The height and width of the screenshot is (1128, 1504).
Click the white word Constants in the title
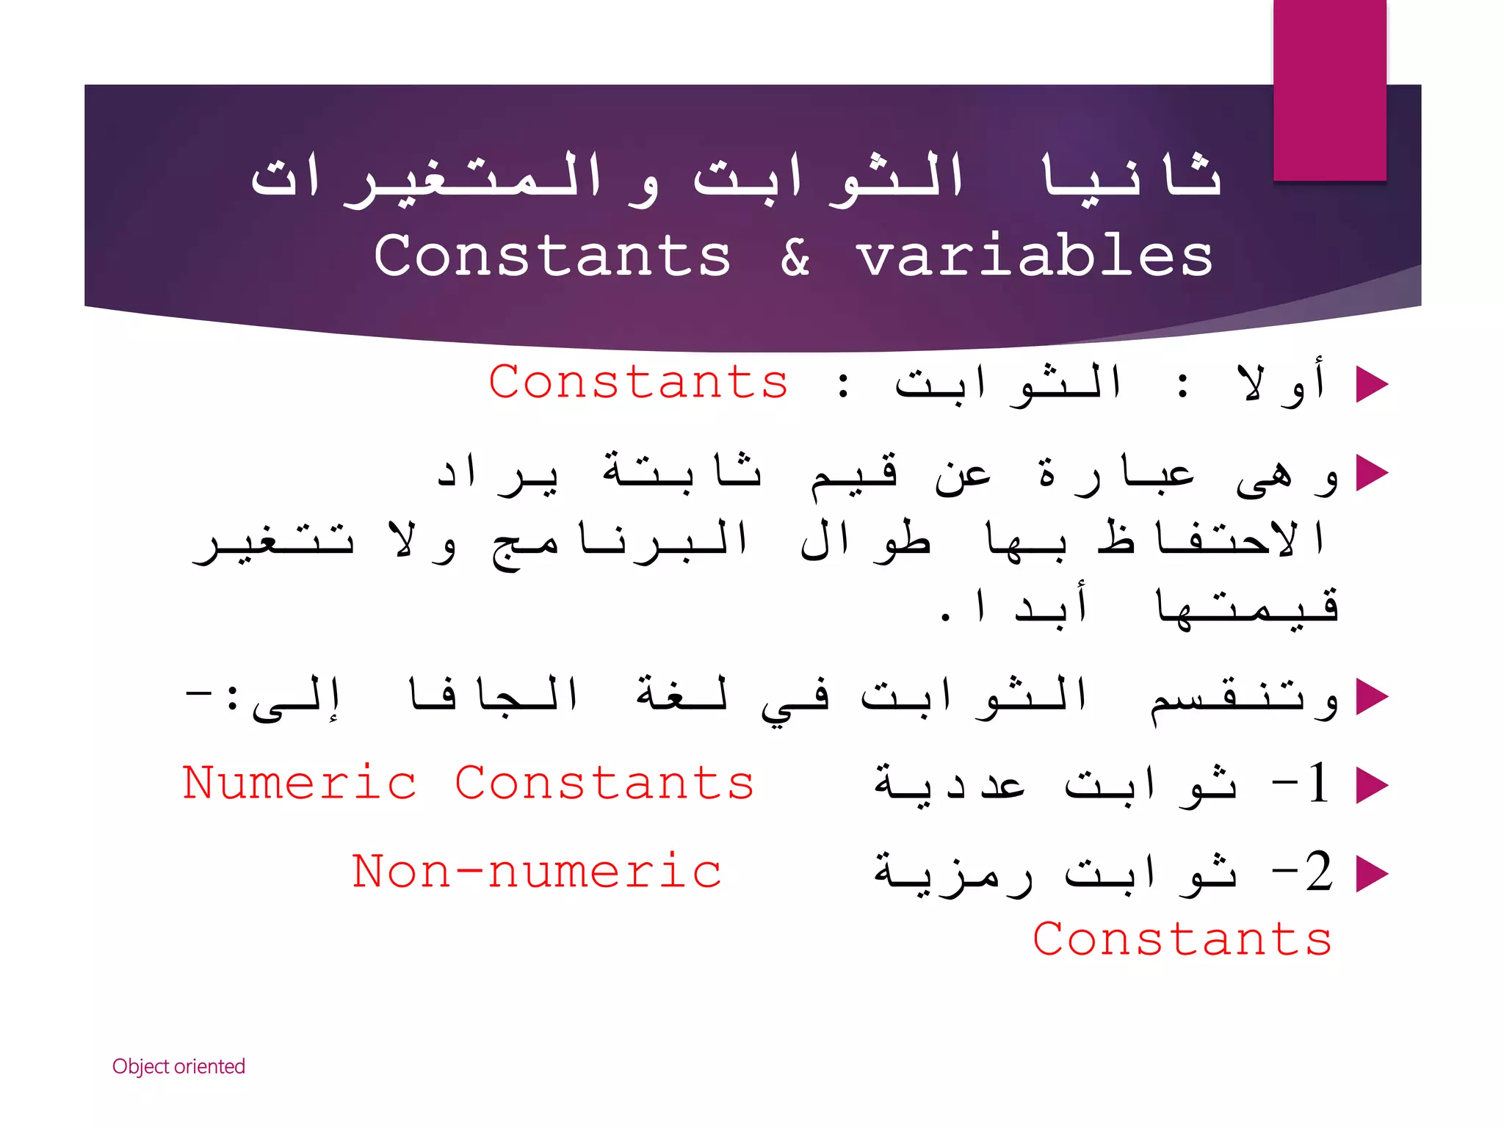pyautogui.click(x=552, y=256)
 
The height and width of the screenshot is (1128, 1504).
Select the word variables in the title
pyautogui.click(x=1035, y=256)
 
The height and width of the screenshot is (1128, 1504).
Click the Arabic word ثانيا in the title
pyautogui.click(x=1131, y=178)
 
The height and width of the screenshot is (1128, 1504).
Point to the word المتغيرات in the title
pyautogui.click(x=426, y=179)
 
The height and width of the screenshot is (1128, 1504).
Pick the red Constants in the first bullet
pyautogui.click(x=638, y=383)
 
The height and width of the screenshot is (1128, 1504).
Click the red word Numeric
pyautogui.click(x=300, y=783)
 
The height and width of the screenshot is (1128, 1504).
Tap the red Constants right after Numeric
pyautogui.click(x=604, y=783)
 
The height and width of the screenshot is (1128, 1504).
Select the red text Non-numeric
pyautogui.click(x=536, y=872)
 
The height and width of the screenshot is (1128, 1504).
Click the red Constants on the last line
pyautogui.click(x=1182, y=939)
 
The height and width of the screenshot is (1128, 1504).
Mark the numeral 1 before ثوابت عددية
pyautogui.click(x=1317, y=783)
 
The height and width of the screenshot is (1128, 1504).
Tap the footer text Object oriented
pyautogui.click(x=178, y=1066)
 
